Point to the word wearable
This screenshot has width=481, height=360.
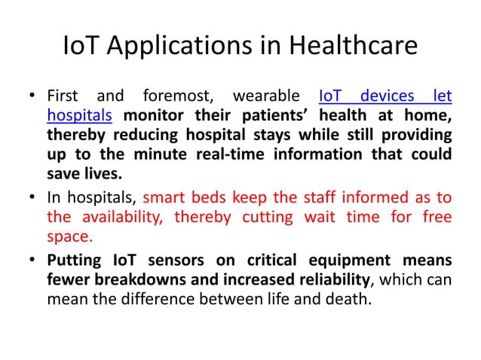coord(263,97)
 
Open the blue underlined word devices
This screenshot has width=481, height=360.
coord(388,97)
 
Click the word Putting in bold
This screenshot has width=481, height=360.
coord(73,261)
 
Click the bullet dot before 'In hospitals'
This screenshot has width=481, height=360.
coord(33,200)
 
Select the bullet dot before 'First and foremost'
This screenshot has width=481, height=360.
coord(33,98)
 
